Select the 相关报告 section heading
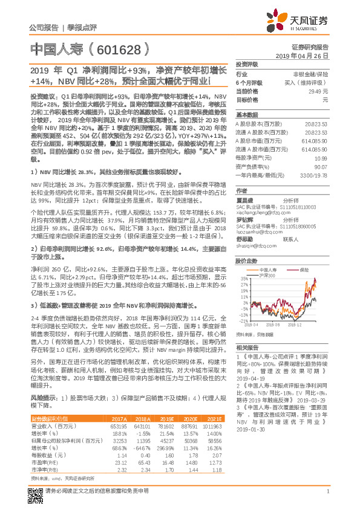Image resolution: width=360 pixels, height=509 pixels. (246, 347)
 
